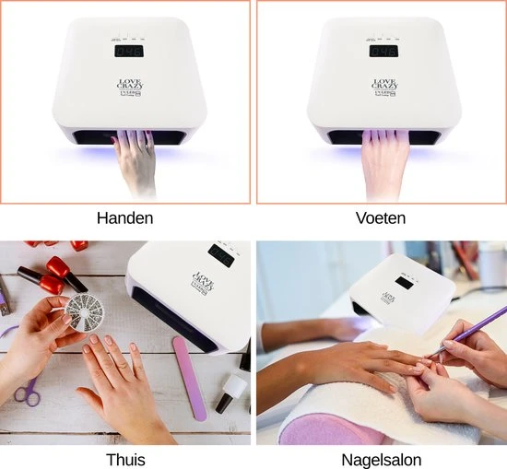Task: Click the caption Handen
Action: [x=124, y=219]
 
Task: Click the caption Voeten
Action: [x=380, y=219]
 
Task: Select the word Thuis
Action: [x=124, y=458]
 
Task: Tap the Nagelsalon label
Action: [x=380, y=458]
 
